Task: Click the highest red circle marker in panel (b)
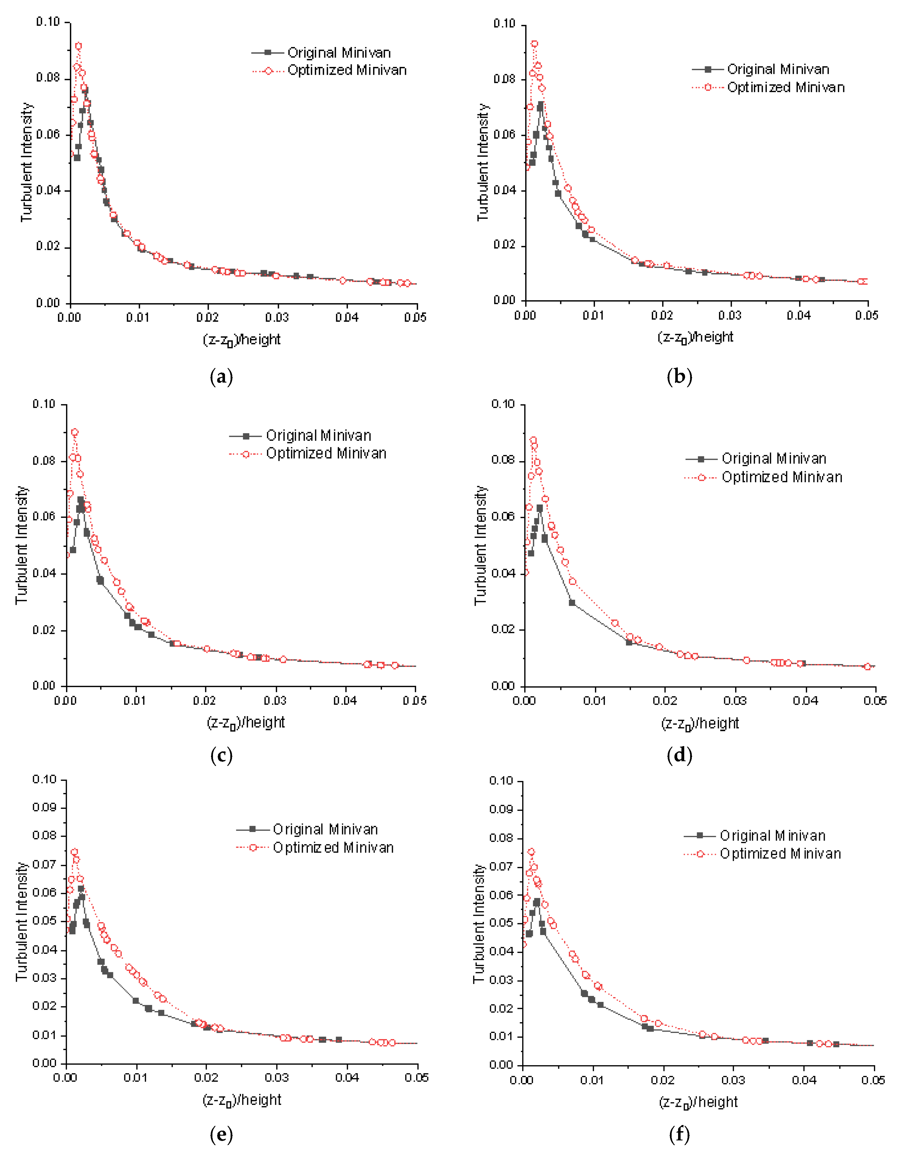pos(534,44)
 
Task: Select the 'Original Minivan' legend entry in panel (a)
pos(339,53)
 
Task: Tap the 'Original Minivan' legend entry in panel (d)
pos(773,459)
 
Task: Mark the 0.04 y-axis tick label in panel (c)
pos(44,573)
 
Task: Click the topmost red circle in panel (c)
pos(75,432)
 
